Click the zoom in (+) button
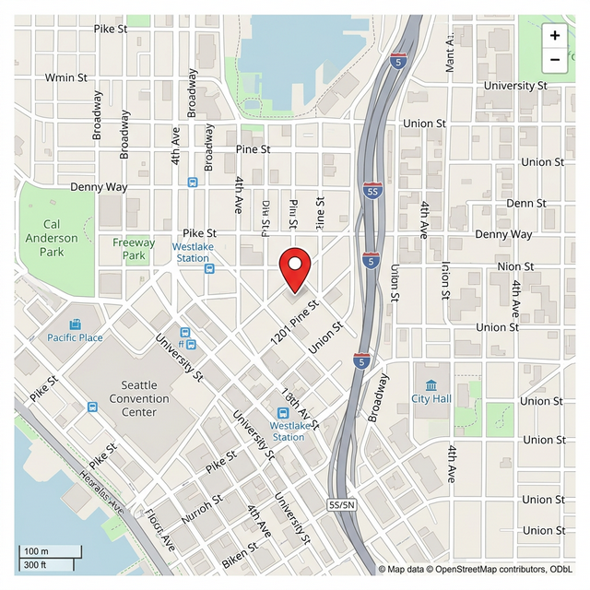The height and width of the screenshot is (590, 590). click(554, 36)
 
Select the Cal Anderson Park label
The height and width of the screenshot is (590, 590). click(52, 238)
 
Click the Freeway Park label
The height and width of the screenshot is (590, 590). click(135, 249)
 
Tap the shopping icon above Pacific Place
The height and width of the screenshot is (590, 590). click(76, 324)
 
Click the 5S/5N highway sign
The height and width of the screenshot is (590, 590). click(341, 504)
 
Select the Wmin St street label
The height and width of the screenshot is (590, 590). click(66, 77)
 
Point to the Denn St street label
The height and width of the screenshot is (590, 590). click(526, 203)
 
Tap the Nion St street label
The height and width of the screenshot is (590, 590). click(515, 266)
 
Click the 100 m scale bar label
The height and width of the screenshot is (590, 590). click(37, 551)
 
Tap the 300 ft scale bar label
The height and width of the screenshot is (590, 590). click(35, 564)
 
